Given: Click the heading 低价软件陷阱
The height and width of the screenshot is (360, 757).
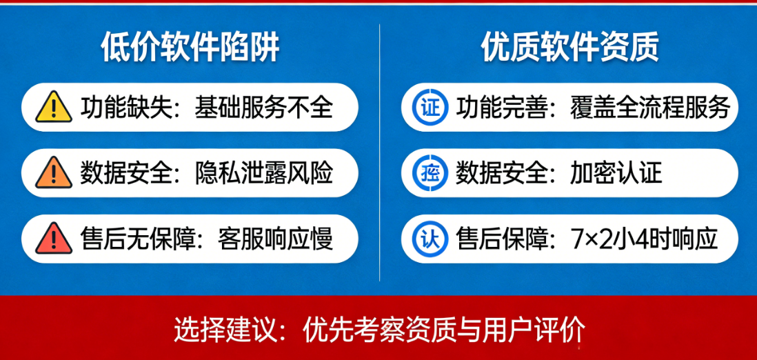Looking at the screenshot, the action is [x=190, y=48].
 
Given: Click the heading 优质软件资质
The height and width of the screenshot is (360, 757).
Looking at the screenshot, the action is [x=570, y=48].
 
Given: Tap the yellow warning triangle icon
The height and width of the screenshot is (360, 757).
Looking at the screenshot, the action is [x=54, y=107].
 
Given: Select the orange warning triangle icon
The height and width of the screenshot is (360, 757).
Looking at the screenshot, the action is [x=54, y=172].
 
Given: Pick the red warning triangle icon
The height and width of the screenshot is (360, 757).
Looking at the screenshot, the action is [x=54, y=238].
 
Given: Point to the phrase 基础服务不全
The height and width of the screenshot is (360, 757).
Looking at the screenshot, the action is [x=263, y=108].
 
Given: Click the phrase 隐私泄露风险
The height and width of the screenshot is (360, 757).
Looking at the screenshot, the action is [x=263, y=173].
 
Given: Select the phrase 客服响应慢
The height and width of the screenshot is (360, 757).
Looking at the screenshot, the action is [x=275, y=239].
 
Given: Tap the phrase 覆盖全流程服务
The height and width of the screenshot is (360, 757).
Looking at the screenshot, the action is [x=650, y=108].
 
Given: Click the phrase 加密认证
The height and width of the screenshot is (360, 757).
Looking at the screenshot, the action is [x=616, y=173].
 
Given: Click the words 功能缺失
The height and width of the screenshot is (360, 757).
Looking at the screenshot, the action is [x=126, y=108].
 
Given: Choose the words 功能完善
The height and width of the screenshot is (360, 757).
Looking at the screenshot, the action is [x=501, y=108].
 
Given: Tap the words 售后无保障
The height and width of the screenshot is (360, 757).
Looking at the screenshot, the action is [x=138, y=239].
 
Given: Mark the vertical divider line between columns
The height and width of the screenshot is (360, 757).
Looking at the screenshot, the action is [x=379, y=152].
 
